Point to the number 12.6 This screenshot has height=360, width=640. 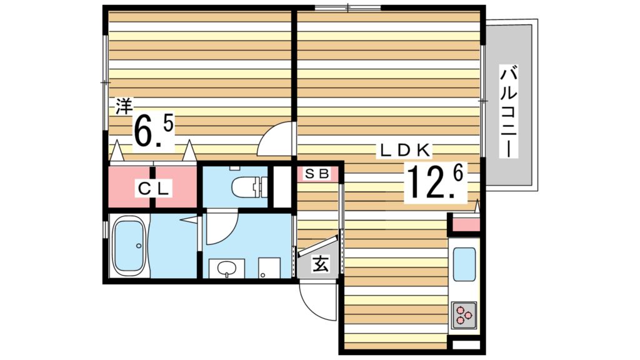[x=436, y=182]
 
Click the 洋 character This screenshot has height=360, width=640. [x=123, y=106]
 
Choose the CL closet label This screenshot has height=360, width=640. [x=153, y=187]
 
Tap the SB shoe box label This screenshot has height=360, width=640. [x=317, y=174]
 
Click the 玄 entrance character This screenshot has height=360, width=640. [x=319, y=264]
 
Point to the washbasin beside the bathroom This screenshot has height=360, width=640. [x=226, y=269]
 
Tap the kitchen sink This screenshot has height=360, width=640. [x=464, y=264]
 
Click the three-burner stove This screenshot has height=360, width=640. [x=464, y=314]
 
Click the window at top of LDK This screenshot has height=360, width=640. [x=347, y=8]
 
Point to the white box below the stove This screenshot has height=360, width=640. [x=464, y=344]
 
